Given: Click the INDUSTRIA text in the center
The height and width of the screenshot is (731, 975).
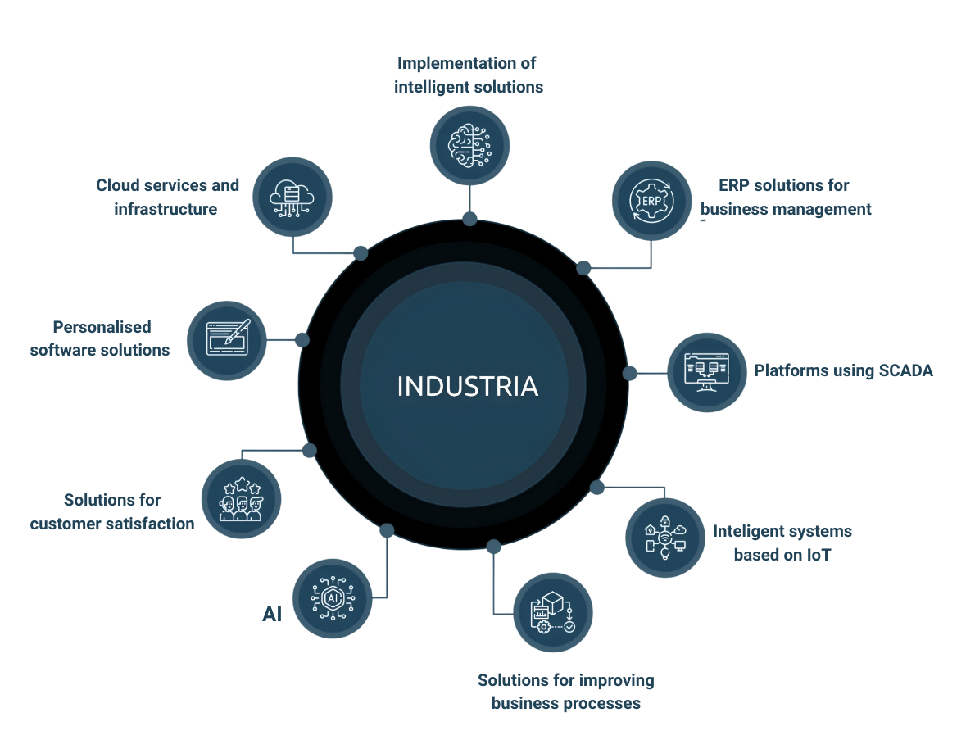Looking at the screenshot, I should click(467, 386).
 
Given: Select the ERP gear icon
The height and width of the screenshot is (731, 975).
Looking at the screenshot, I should click(651, 200).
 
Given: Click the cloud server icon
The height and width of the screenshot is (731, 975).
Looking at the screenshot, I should click(292, 197).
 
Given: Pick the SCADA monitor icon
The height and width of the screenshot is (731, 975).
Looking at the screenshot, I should click(706, 372).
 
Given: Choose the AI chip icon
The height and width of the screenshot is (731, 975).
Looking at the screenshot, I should click(332, 598).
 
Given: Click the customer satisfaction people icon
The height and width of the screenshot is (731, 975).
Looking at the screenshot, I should click(242, 499).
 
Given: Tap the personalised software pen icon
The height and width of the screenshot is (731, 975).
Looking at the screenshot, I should click(226, 339).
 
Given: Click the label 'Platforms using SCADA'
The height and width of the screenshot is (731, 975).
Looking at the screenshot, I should click(843, 370).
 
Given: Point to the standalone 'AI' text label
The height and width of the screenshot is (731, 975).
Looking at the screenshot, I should click(272, 615).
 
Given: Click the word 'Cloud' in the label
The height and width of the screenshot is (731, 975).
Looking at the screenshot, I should click(118, 185).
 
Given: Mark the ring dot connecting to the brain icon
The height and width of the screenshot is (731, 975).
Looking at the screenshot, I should click(469, 219).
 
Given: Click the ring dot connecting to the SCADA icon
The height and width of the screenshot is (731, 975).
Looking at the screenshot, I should click(629, 373).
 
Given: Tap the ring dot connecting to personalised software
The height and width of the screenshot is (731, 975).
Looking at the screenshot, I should click(302, 339).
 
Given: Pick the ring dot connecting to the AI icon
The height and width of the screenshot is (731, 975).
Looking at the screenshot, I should click(387, 530).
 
